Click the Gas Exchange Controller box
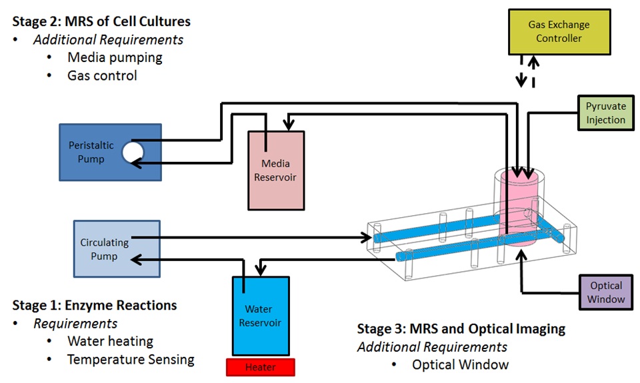click(x=559, y=32)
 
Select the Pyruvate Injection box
click(x=605, y=113)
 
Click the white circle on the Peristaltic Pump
click(x=132, y=153)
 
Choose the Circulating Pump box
click(x=117, y=248)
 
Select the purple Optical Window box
click(x=606, y=292)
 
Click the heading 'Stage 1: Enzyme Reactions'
click(x=95, y=305)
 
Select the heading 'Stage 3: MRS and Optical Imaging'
click(x=461, y=328)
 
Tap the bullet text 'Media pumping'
click(x=115, y=57)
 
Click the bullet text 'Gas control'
click(x=102, y=75)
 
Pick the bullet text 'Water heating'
click(x=110, y=341)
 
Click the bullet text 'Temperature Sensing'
click(x=131, y=360)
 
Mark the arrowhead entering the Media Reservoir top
click(x=289, y=124)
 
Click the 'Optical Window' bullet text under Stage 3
click(x=460, y=364)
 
